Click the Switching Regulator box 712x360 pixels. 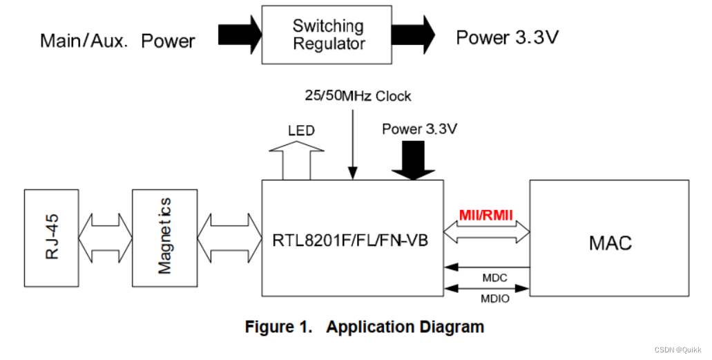327,35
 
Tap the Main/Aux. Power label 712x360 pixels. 117,41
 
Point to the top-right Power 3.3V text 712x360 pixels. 507,37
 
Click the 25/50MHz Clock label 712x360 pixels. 358,95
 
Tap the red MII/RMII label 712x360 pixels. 486,216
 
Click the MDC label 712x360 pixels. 494,278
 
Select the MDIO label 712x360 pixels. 494,299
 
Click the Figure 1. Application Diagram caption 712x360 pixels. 365,327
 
